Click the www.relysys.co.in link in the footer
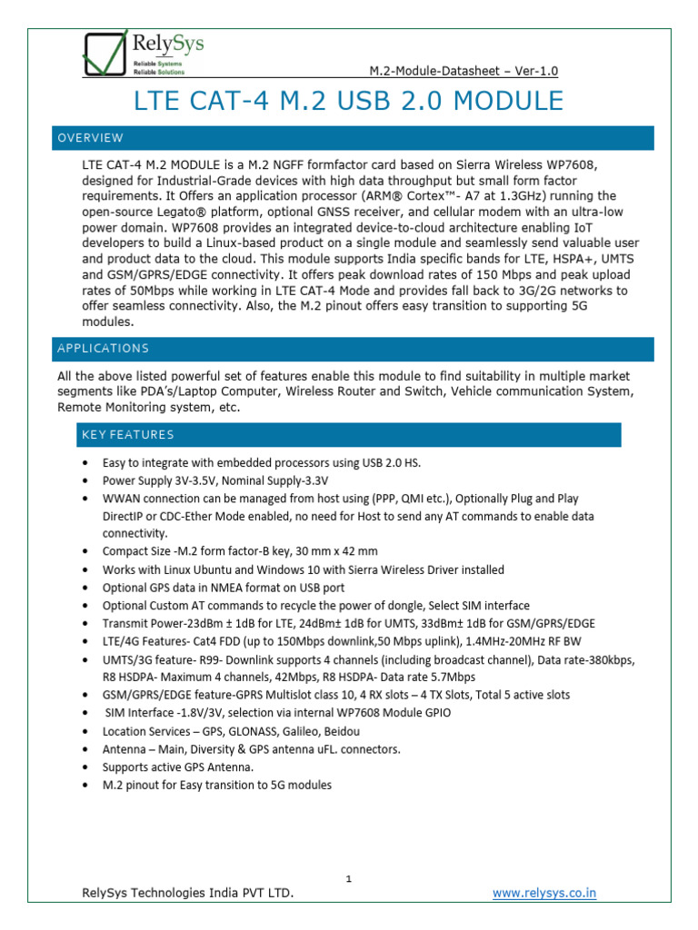pyautogui.click(x=544, y=893)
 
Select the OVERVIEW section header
pyautogui.click(x=90, y=138)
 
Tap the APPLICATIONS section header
pyautogui.click(x=103, y=349)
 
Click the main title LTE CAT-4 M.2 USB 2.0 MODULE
pyautogui.click(x=348, y=101)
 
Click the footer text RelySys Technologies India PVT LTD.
pyautogui.click(x=188, y=894)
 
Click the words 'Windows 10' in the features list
pyautogui.click(x=278, y=569)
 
